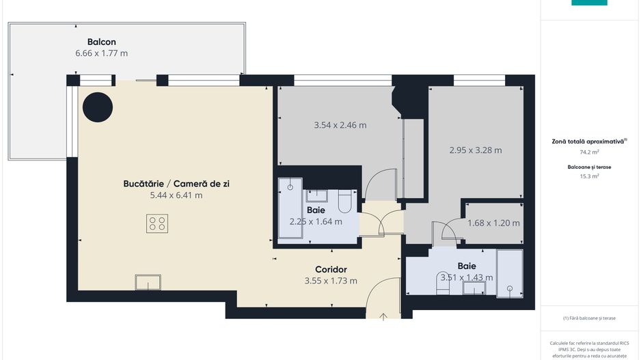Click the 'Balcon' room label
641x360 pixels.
point(101,41)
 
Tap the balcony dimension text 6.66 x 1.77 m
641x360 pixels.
point(101,53)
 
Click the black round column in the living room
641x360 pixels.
point(98,107)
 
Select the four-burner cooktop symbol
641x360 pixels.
point(157,223)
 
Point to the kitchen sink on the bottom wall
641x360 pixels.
point(148,281)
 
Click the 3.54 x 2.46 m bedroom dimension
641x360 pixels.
point(340,125)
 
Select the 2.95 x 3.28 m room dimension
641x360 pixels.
point(476,150)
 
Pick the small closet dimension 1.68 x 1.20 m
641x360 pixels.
point(493,223)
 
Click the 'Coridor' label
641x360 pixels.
point(331,269)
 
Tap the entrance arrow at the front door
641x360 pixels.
point(383,316)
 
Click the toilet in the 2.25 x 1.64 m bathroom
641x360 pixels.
point(344,202)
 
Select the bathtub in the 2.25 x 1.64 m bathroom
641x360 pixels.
point(290,208)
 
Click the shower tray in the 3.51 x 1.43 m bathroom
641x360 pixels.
point(508,273)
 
